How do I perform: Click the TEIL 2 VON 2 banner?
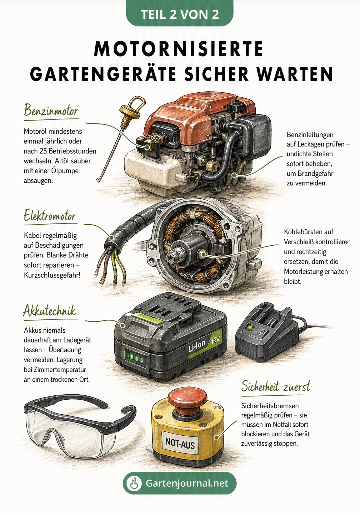(180, 14)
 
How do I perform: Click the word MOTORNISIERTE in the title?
(179, 49)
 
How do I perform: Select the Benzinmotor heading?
(51, 111)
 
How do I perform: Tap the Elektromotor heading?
(50, 215)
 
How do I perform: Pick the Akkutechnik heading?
(49, 311)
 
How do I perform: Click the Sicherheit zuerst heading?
(276, 387)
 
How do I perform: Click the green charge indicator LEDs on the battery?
(134, 357)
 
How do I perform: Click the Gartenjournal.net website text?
(187, 483)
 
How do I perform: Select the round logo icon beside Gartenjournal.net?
(134, 483)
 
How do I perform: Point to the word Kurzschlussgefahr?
(52, 275)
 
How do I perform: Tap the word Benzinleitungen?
(310, 135)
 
